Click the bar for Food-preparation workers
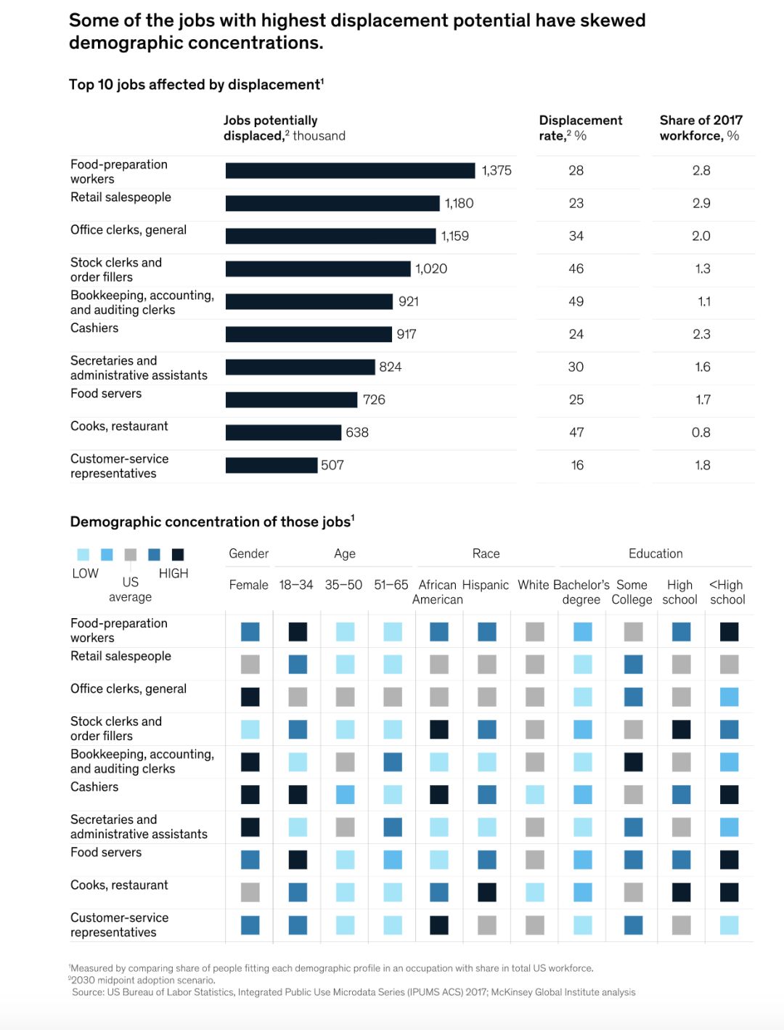coord(350,171)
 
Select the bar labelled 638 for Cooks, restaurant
coord(283,433)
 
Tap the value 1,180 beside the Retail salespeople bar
coord(459,203)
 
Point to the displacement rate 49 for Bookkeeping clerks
coord(576,301)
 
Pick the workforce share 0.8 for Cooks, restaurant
coord(701,433)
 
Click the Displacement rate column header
coord(580,128)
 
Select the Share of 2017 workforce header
coord(701,128)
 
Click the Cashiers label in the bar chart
coord(94,328)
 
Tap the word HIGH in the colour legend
coord(173,574)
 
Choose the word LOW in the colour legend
coord(85,574)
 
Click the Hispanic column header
coord(486,585)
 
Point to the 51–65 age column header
coord(391,585)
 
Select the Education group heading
coord(656,553)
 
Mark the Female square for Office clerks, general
coord(250,697)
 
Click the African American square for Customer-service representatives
coord(439,925)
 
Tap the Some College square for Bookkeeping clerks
coord(633,762)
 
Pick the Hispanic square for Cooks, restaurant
coord(487,892)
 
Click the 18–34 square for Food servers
coord(298,860)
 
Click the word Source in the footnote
coord(88,992)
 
